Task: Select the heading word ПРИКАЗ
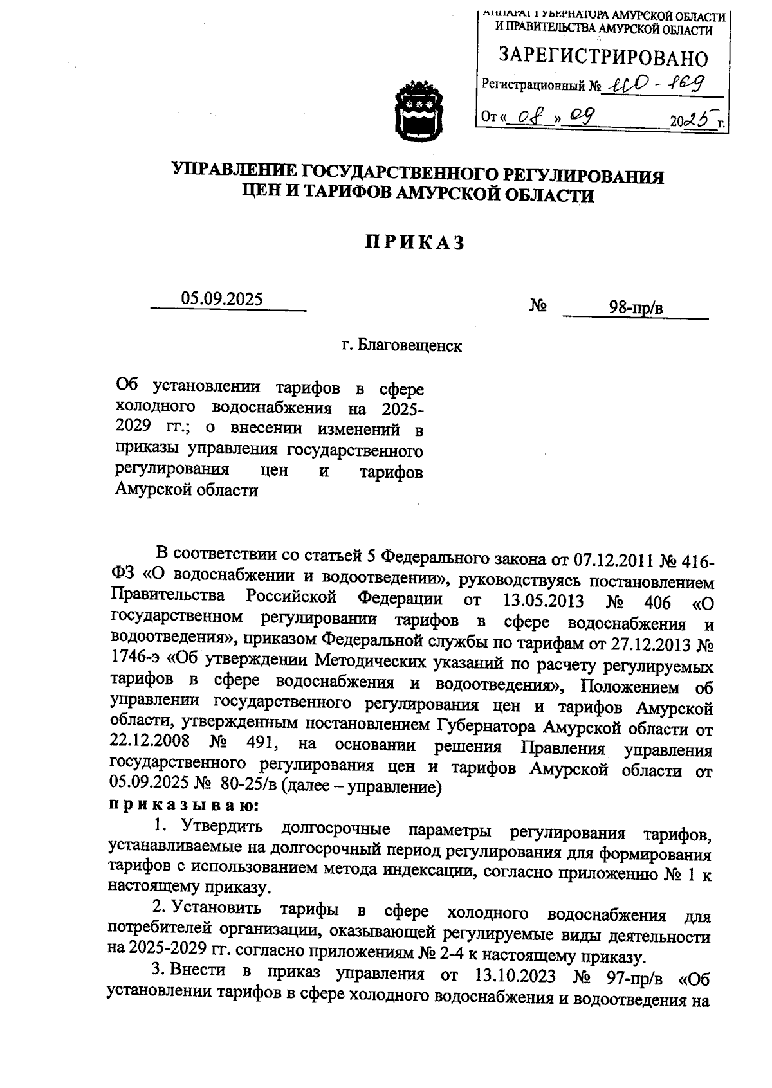(x=415, y=243)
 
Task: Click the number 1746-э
(x=138, y=660)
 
